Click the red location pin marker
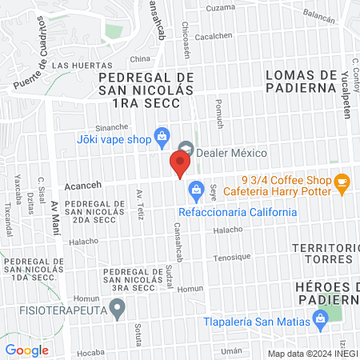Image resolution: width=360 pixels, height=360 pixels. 179,163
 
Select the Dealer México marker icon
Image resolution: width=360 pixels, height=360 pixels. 186,148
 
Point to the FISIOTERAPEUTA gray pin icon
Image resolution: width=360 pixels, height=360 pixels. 118,306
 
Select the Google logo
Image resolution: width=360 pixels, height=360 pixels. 26,350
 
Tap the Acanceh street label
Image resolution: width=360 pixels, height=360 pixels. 82,182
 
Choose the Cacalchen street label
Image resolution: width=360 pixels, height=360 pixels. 214,35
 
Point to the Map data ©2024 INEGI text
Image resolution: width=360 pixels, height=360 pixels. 312,353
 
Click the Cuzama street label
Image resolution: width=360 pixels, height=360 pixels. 220,7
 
